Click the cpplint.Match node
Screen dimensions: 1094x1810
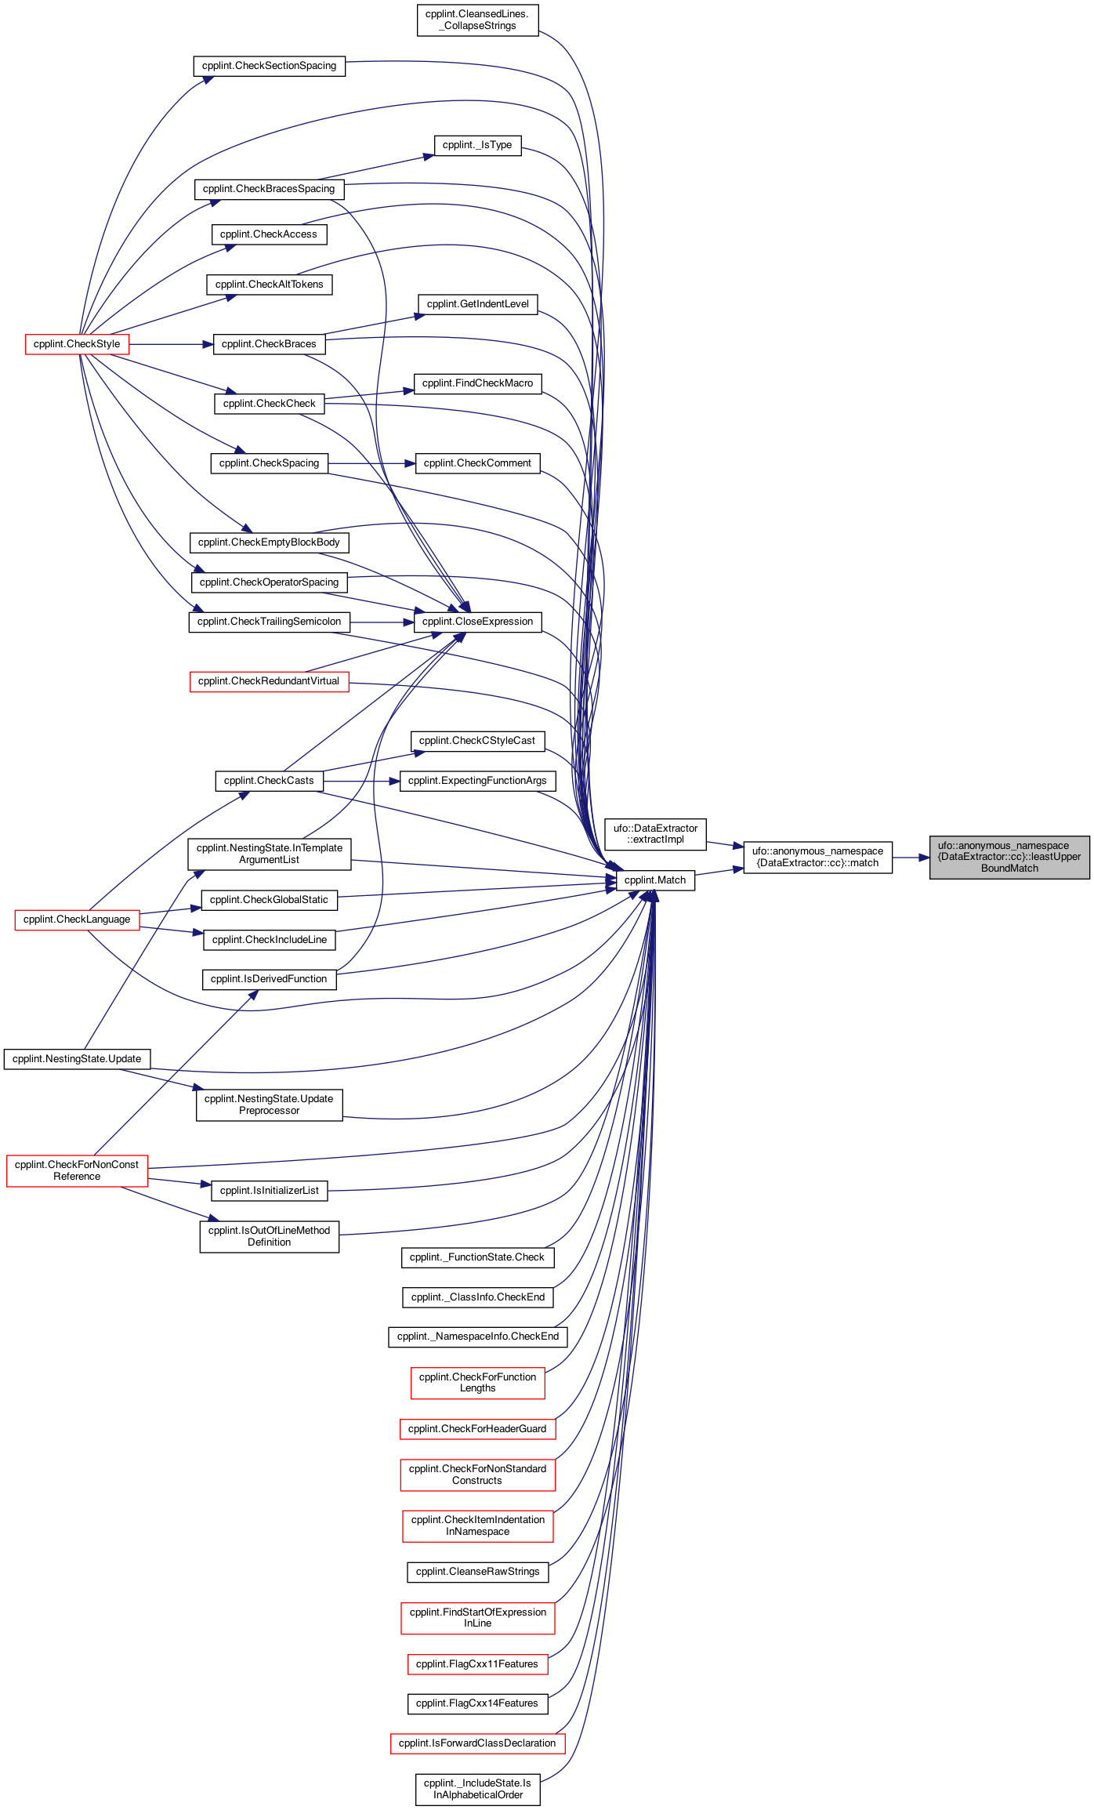pos(655,880)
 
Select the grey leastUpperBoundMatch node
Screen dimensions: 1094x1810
pos(1009,857)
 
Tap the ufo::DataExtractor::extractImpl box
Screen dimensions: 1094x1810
pos(655,834)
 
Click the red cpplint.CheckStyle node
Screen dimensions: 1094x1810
pos(77,344)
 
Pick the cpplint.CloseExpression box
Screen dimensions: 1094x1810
pos(477,622)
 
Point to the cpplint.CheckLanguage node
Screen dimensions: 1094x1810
pos(77,920)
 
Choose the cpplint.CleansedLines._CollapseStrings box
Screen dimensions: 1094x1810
pos(478,20)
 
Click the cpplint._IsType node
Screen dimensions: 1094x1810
pos(477,145)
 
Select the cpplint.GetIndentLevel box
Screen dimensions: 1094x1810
pos(477,304)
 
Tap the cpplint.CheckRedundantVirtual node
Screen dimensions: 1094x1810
pos(269,681)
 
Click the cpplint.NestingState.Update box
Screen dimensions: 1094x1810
pos(77,1059)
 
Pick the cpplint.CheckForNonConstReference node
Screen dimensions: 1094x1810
pos(77,1170)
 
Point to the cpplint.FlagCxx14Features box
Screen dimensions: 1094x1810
pos(477,1703)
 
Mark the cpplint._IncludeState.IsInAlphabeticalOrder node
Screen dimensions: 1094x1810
pos(478,1789)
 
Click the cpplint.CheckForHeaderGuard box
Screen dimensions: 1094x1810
pos(477,1429)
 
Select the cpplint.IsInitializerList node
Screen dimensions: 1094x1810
pos(269,1191)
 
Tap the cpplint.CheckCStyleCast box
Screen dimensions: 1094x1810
pos(477,741)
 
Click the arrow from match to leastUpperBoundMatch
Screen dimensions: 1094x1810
pos(911,858)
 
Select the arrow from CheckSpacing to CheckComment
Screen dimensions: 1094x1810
pos(371,463)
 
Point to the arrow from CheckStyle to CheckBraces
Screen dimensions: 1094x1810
pos(171,344)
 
